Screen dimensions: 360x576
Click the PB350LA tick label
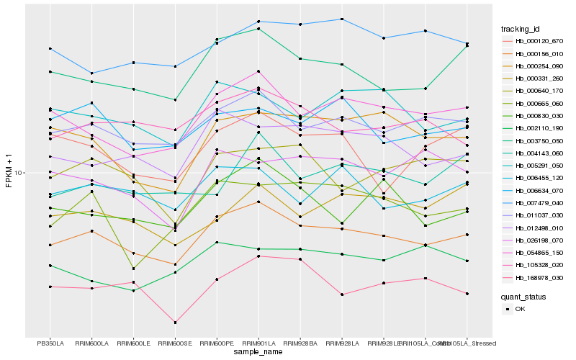tap(50, 343)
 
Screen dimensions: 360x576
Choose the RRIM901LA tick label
tap(258, 343)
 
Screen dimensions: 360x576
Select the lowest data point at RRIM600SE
tap(175, 323)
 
